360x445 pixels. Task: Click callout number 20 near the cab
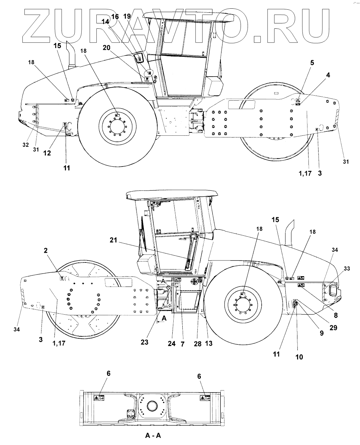click(x=106, y=48)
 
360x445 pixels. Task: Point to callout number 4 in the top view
click(x=328, y=75)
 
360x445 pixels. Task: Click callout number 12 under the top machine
click(x=47, y=153)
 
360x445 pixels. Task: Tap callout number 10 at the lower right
click(x=299, y=357)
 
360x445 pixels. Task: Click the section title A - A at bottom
click(x=153, y=435)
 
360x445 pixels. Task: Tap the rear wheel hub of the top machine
click(x=117, y=127)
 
